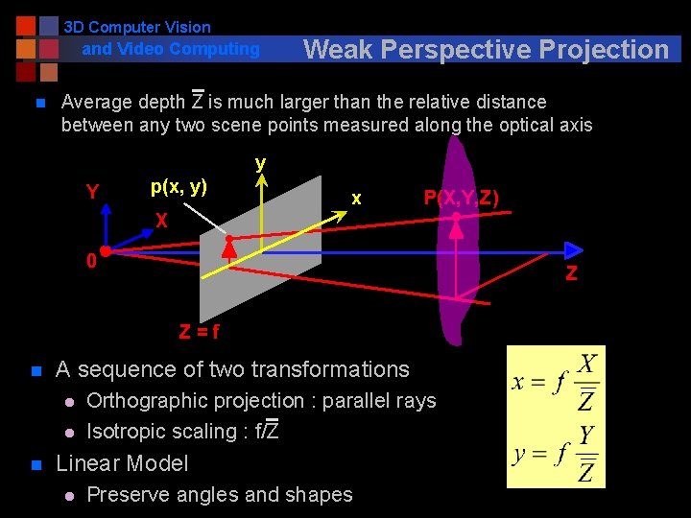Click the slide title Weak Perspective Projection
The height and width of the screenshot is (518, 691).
(486, 49)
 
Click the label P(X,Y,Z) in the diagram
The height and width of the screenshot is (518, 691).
(461, 198)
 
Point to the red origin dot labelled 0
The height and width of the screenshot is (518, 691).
(106, 251)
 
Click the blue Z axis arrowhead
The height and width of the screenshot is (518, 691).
(574, 252)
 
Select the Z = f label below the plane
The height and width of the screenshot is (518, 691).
(199, 332)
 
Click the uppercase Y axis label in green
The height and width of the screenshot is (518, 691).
(92, 192)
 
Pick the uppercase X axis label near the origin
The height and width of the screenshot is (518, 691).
(163, 222)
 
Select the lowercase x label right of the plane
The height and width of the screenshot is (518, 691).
(356, 199)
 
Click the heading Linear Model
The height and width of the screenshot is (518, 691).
(122, 463)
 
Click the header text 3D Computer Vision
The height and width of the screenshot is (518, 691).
(137, 28)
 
